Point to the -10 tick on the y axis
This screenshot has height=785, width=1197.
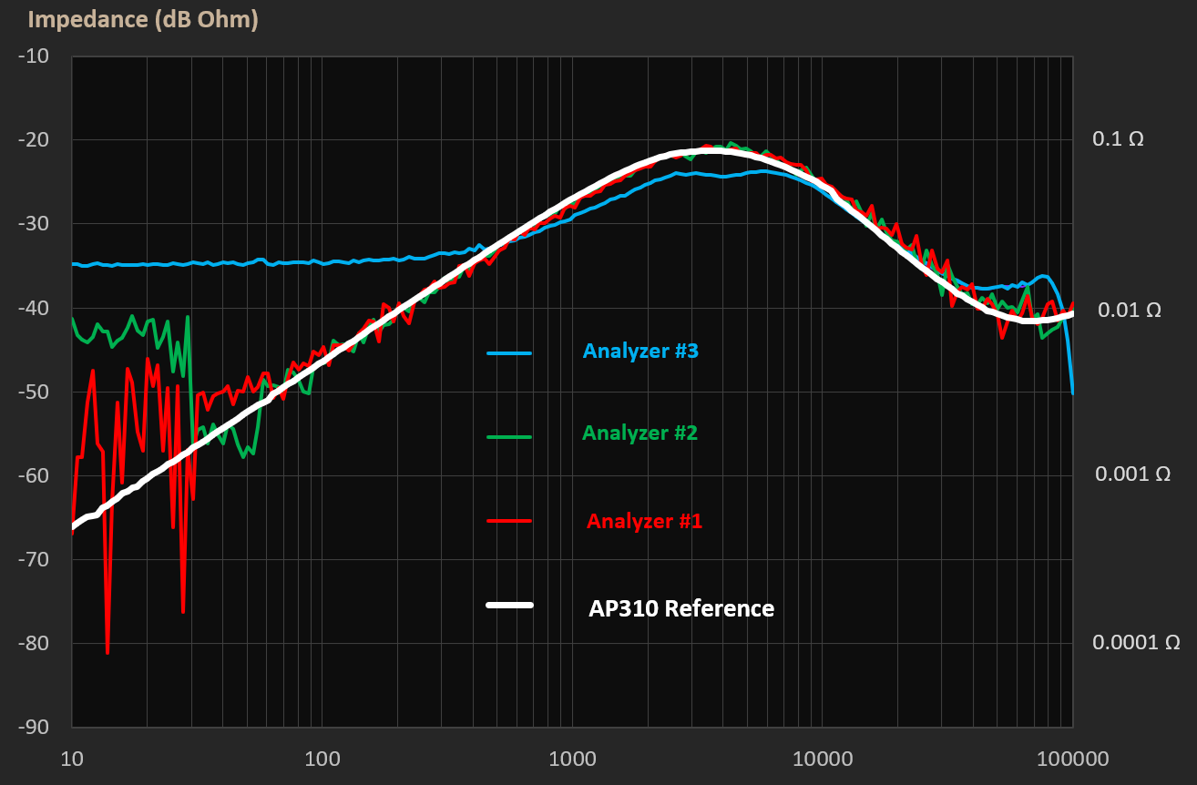(x=35, y=56)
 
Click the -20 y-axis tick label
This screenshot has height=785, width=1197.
(x=35, y=140)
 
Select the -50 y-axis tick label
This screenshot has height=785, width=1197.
(x=35, y=392)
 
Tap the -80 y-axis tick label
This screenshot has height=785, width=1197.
(x=35, y=643)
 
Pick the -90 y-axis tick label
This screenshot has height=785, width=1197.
(x=35, y=727)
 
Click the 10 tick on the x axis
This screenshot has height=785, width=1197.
(x=72, y=759)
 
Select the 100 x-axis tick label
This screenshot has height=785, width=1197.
(x=322, y=759)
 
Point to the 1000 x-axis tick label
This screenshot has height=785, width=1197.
(x=572, y=759)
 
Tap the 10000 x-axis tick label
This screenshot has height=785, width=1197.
(x=822, y=759)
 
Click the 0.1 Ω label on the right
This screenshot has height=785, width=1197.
(x=1118, y=139)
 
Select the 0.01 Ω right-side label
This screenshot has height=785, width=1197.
(x=1130, y=310)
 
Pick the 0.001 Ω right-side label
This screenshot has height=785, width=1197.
(x=1131, y=474)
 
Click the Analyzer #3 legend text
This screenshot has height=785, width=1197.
(x=640, y=351)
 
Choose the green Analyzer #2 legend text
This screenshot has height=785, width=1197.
(x=639, y=433)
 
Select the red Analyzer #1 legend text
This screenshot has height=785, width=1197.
(x=644, y=521)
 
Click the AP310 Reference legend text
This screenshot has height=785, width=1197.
(x=681, y=608)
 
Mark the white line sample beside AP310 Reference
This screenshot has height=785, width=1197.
(x=509, y=605)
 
